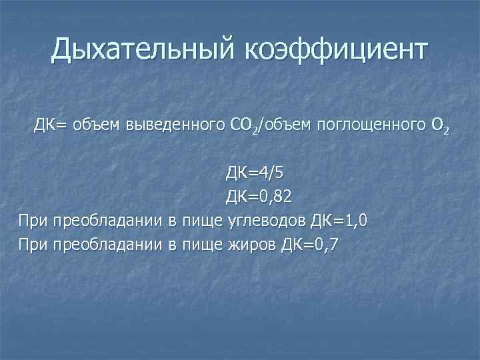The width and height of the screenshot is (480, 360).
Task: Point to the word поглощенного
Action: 374,124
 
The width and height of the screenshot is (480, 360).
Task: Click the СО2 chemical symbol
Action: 242,125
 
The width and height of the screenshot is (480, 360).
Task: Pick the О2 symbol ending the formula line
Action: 441,125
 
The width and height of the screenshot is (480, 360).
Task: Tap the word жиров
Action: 253,245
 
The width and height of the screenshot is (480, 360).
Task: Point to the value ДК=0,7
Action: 311,245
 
